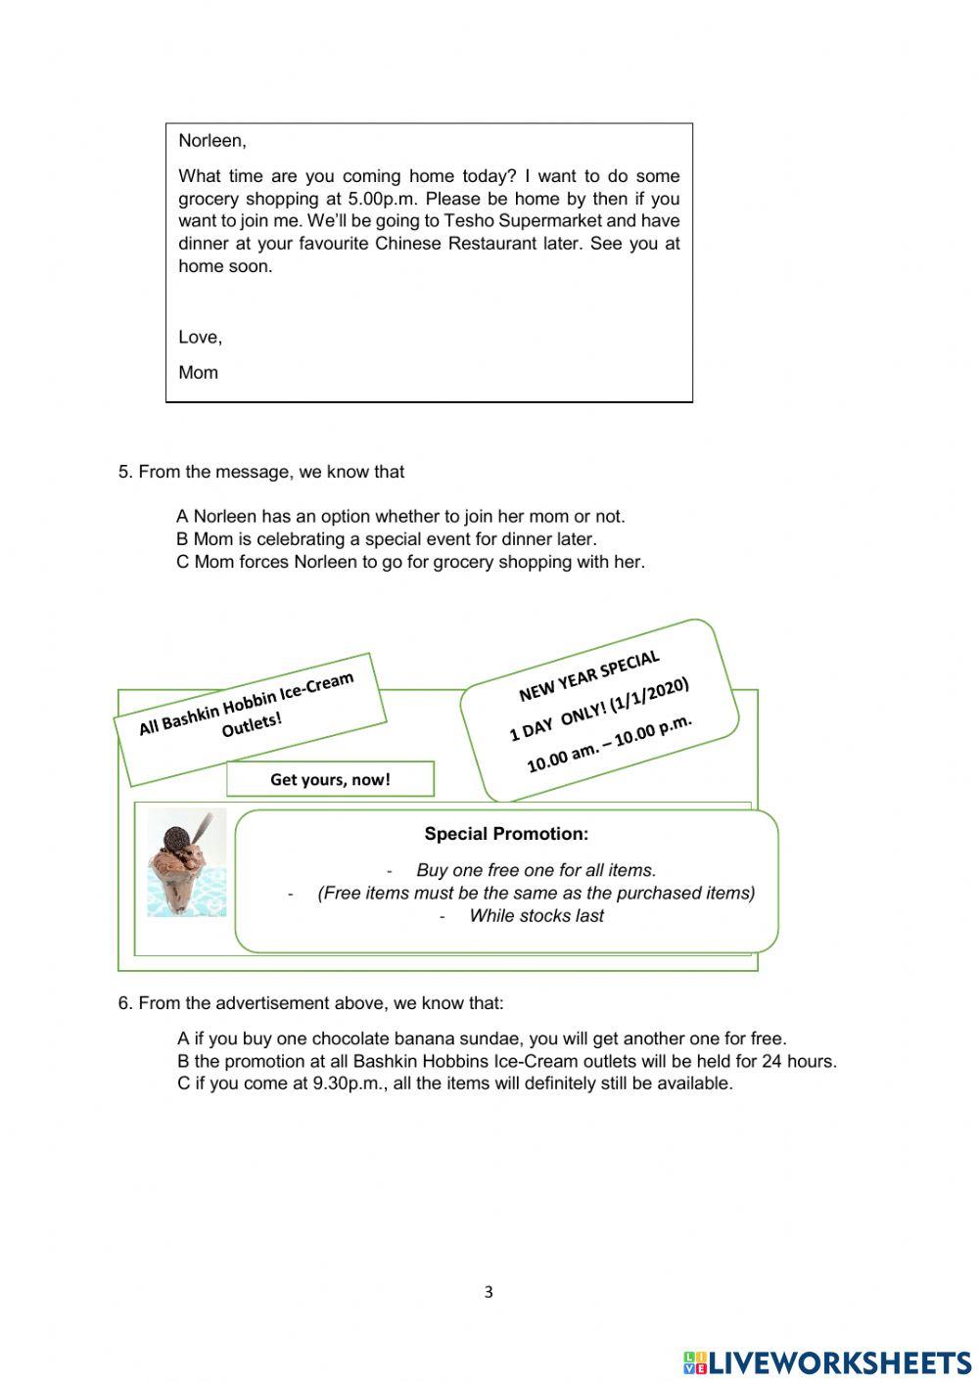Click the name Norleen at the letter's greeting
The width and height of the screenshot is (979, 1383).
point(211,141)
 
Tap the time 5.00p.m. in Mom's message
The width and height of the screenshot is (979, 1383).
point(374,199)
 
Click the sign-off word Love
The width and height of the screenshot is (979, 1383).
point(200,338)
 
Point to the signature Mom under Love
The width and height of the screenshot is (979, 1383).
point(198,373)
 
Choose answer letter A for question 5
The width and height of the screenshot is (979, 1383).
point(182,517)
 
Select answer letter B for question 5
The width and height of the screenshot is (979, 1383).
point(182,539)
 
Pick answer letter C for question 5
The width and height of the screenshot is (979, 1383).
point(183,562)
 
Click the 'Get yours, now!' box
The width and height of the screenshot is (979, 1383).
point(330,779)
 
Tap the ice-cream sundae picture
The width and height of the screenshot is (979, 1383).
point(186,862)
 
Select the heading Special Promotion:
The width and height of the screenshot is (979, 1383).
point(506,834)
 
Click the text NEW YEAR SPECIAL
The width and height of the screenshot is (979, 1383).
point(588,676)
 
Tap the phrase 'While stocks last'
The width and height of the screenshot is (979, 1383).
point(536,916)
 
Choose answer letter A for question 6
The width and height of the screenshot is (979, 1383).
point(183,1039)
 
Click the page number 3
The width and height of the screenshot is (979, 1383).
point(489,1292)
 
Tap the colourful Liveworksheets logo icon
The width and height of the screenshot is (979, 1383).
point(695,1362)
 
